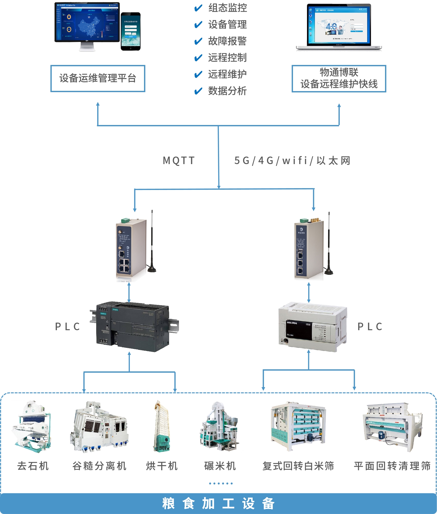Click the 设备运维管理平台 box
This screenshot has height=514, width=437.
pos(98,78)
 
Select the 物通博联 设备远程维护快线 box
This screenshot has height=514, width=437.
pos(339,78)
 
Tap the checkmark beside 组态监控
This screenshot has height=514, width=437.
pos(198,8)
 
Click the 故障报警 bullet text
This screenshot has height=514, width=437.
pos(227,41)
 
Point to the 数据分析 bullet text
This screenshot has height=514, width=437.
pos(227,91)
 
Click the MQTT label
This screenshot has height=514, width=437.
pos(179,160)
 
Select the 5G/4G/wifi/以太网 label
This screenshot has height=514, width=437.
pos(292,161)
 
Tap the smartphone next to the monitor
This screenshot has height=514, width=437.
pos(131,32)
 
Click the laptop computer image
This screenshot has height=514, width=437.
pos(339,27)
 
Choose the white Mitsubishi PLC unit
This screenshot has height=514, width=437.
pos(312,327)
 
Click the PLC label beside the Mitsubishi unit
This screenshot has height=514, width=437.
pos(370,327)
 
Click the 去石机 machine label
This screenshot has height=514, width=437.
pos(33,466)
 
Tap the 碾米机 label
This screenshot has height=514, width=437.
pos(220,466)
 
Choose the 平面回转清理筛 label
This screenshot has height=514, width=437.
pos(392,466)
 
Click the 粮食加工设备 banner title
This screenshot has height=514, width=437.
pos(218,503)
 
